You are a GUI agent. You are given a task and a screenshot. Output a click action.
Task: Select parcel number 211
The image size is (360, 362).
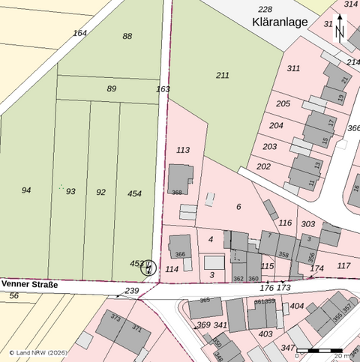point(223,76)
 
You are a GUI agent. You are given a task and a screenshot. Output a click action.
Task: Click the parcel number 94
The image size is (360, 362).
point(26,190)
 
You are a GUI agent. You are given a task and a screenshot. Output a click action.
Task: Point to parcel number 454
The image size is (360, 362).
point(134,194)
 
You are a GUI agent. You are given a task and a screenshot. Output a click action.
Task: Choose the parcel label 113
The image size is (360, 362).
point(183,150)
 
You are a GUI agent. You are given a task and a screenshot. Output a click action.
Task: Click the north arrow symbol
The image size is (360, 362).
point(340,31)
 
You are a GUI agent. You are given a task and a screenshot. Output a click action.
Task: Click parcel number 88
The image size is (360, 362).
point(127,36)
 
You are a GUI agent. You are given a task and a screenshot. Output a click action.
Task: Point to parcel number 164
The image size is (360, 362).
point(80,33)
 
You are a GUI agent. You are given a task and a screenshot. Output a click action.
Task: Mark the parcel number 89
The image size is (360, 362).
point(112,88)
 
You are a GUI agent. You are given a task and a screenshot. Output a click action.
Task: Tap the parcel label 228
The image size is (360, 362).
point(265,9)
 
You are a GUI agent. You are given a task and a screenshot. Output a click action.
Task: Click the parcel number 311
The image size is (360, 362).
point(293,68)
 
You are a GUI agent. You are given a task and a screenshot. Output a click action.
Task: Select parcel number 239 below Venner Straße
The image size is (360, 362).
point(132,291)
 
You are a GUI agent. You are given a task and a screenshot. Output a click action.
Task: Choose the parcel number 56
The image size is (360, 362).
point(13,296)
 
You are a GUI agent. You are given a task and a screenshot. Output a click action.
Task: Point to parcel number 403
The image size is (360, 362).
point(265,334)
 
